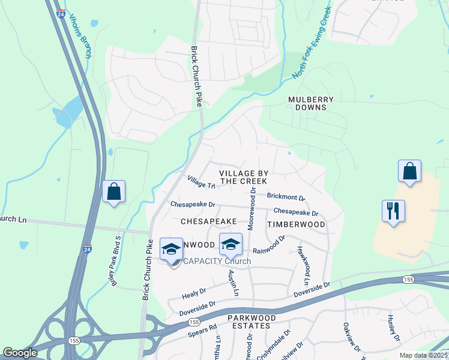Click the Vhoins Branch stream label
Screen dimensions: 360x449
(x=80, y=36)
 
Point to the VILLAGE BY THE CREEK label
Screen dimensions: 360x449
(x=244, y=177)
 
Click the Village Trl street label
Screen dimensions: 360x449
(x=201, y=182)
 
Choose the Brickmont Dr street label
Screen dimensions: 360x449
(x=286, y=197)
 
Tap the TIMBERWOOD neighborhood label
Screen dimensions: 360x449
(x=296, y=224)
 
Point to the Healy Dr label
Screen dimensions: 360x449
(x=194, y=293)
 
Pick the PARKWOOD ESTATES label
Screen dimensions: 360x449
(x=252, y=322)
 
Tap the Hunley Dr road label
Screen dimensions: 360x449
(x=393, y=329)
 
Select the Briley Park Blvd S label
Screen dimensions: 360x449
(x=118, y=260)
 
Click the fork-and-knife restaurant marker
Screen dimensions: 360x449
(x=394, y=211)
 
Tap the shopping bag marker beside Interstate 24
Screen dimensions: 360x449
(x=113, y=193)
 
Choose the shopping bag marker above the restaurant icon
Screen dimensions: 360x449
(x=409, y=172)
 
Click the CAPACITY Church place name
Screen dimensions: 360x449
(x=216, y=261)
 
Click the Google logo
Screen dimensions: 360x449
(x=20, y=353)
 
